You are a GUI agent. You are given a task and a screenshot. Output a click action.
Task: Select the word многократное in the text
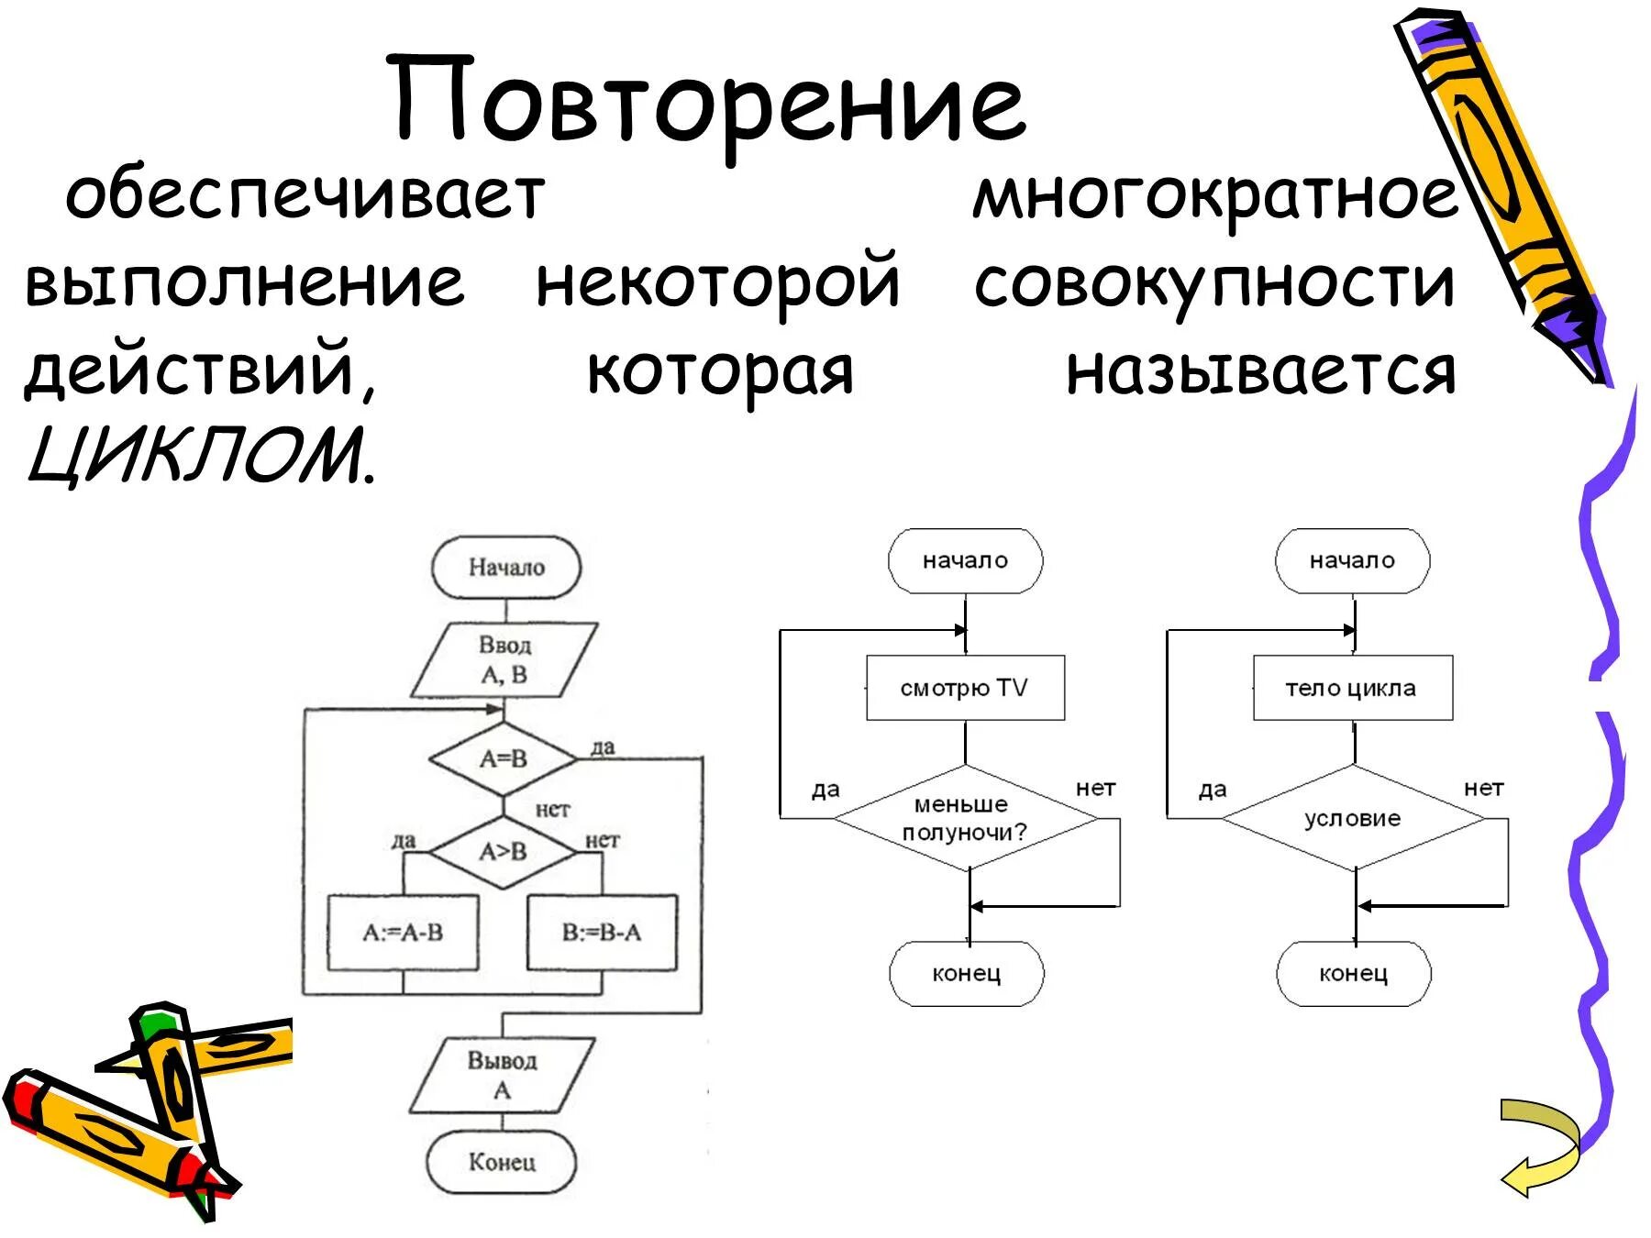[1214, 197]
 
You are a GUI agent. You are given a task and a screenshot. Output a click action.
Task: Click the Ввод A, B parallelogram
[504, 660]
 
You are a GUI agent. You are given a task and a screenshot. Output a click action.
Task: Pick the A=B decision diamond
[504, 758]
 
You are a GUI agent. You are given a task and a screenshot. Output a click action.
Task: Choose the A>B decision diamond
[504, 852]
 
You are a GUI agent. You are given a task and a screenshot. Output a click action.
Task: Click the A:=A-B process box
[403, 933]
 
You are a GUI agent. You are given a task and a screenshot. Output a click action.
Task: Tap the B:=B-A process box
[602, 933]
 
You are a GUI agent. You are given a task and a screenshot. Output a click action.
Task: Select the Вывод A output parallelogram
[502, 1075]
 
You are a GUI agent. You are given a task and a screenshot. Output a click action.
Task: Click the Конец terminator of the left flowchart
[502, 1162]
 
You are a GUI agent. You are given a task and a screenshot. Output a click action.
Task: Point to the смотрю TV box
[965, 688]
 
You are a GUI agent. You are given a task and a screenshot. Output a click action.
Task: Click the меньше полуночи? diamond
[965, 818]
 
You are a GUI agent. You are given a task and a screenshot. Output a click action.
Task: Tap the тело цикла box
[1352, 688]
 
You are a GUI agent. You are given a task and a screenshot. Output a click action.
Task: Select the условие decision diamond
[1353, 818]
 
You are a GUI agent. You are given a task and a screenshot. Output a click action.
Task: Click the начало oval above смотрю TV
[965, 560]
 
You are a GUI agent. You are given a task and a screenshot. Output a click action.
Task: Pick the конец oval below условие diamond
[1353, 973]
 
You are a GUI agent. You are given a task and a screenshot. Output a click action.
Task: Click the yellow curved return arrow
[1541, 1146]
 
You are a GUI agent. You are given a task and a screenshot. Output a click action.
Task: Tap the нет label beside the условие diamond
[1483, 788]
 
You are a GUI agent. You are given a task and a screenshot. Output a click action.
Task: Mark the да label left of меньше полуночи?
[825, 790]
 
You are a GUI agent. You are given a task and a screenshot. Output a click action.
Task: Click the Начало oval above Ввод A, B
[506, 568]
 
